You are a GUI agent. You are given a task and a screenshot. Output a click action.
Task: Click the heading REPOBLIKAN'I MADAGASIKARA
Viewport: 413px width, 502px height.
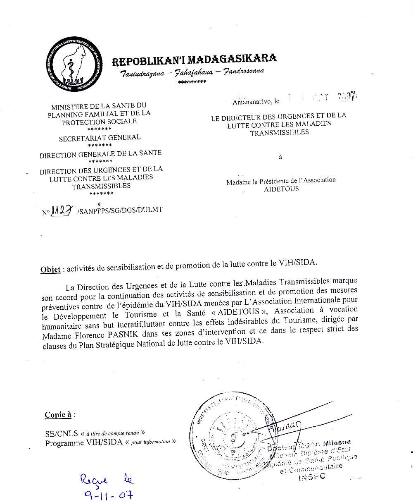(x=194, y=60)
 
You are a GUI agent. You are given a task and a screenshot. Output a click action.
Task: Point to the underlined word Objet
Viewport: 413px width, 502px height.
(x=50, y=270)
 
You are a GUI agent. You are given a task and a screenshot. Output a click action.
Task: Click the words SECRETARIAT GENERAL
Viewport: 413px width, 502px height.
(x=100, y=138)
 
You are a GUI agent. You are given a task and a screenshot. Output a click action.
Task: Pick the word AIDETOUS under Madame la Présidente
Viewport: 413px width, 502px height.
(x=281, y=189)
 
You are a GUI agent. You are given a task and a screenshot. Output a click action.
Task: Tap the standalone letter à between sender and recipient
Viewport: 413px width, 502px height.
(x=281, y=157)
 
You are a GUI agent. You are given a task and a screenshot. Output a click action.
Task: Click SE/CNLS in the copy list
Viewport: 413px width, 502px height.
(x=62, y=434)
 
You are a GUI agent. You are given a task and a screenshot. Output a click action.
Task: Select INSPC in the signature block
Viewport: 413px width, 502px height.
(x=311, y=476)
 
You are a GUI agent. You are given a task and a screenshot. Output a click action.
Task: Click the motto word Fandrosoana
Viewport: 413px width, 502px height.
(x=244, y=72)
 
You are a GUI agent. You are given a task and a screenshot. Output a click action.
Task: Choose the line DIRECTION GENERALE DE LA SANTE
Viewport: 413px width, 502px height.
(x=100, y=154)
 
